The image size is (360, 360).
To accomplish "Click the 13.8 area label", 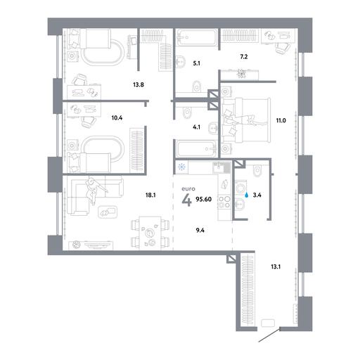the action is pyautogui.click(x=139, y=84).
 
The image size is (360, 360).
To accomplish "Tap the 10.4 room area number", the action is pyautogui.click(x=117, y=117).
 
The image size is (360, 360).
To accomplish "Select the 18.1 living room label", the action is pyautogui.click(x=150, y=195).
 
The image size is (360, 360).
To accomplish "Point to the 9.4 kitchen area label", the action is pyautogui.click(x=200, y=231).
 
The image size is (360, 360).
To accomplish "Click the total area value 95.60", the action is pyautogui.click(x=203, y=200).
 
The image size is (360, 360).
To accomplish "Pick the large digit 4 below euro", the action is pyautogui.click(x=187, y=200).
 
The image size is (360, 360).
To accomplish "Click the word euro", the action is pyautogui.click(x=188, y=188).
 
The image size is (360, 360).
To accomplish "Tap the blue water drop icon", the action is pyautogui.click(x=247, y=195).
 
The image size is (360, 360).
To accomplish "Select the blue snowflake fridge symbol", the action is pyautogui.click(x=181, y=167).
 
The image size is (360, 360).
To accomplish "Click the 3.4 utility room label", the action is pyautogui.click(x=257, y=195).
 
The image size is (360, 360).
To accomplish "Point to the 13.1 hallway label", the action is pyautogui.click(x=276, y=266).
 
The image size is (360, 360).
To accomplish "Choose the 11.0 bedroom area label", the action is pyautogui.click(x=281, y=121).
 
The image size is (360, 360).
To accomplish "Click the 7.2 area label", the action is pyautogui.click(x=244, y=57).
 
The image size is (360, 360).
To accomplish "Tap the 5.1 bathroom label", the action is pyautogui.click(x=196, y=63).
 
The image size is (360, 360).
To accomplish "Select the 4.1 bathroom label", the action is pyautogui.click(x=196, y=128).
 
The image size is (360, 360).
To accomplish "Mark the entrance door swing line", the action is pyautogui.click(x=269, y=335).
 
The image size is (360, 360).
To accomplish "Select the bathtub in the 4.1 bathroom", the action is pyautogui.click(x=196, y=149).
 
